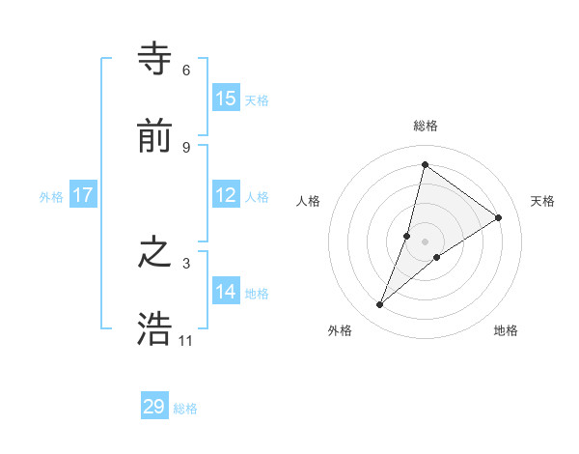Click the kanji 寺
[x=154, y=59]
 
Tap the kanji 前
[x=154, y=138]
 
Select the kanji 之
[x=154, y=254]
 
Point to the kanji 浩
[x=154, y=330]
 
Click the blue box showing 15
[x=226, y=99]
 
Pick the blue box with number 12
[x=226, y=195]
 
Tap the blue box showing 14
[x=226, y=292]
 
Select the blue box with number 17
[x=83, y=195]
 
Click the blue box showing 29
[x=154, y=407]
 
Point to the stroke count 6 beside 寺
[x=186, y=70]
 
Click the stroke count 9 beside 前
[x=186, y=147]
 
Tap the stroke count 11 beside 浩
[x=186, y=340]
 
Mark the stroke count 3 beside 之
[x=186, y=263]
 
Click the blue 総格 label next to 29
[x=185, y=409]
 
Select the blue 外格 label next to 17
[x=51, y=197]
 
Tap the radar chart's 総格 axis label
[x=425, y=126]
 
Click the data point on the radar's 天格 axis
[x=499, y=217]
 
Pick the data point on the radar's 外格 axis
[x=380, y=305]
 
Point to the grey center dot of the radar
[x=425, y=241]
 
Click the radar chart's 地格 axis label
[x=506, y=330]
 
